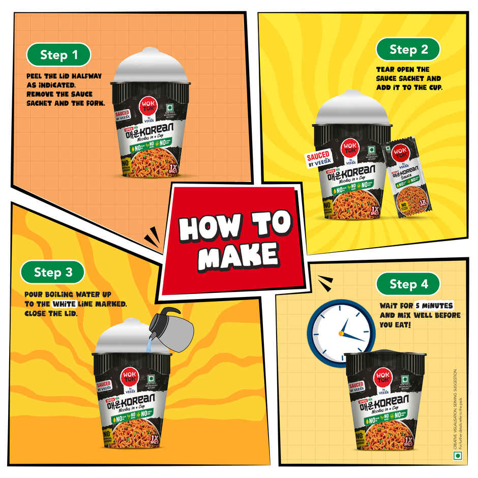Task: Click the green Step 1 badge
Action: coord(58,55)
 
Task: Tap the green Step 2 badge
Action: coord(408,49)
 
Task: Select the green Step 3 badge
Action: coord(53,272)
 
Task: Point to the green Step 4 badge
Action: coord(408,283)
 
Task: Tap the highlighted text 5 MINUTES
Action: coord(432,306)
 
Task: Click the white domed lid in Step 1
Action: coord(150,66)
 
